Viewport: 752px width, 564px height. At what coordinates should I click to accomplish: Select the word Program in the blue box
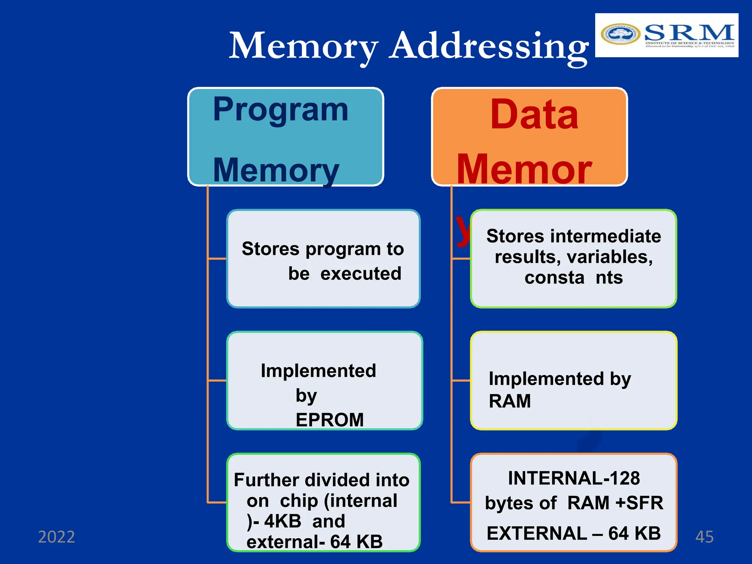tap(281, 110)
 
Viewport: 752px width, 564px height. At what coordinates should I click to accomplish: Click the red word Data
tap(534, 115)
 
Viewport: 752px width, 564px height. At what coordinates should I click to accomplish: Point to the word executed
tap(361, 274)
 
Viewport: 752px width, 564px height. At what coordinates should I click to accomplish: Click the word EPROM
tap(329, 420)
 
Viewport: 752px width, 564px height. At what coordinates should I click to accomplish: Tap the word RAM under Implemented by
tap(510, 401)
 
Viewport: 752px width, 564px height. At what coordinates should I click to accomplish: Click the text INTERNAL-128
tap(574, 478)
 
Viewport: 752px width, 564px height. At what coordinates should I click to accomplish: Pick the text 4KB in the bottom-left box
tap(282, 521)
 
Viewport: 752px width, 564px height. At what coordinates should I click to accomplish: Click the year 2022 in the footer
tap(57, 537)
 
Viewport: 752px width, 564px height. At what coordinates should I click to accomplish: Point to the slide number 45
tap(704, 537)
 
